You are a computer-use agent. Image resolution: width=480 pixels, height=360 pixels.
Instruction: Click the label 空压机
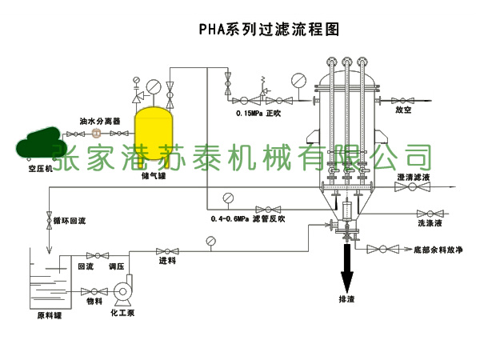tap(39, 169)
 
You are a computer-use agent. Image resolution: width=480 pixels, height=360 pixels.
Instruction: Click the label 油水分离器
tap(99, 121)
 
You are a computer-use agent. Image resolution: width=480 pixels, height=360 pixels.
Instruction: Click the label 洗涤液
tap(429, 223)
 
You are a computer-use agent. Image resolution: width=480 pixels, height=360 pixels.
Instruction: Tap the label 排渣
tap(347, 300)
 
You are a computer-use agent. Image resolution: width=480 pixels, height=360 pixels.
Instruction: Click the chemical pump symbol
tap(125, 291)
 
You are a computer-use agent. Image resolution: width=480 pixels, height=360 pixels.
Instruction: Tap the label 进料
tap(167, 262)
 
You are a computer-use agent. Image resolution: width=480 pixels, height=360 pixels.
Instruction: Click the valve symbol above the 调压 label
tap(117, 254)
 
